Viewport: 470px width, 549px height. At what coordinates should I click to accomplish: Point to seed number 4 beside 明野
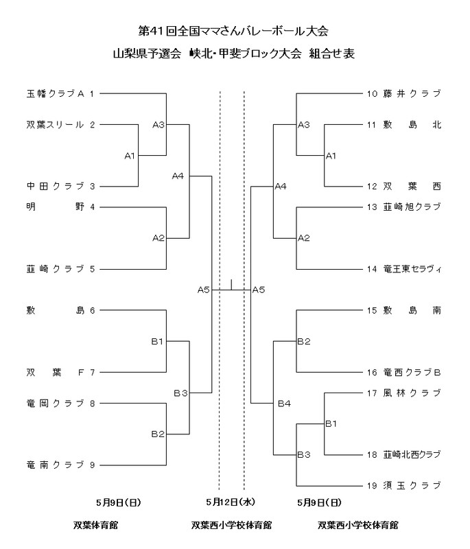pos(92,207)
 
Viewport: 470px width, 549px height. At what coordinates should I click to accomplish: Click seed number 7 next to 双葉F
pos(92,373)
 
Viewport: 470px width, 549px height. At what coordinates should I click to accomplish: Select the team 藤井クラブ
pos(412,93)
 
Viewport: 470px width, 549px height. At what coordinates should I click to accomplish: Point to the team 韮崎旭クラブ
pos(412,207)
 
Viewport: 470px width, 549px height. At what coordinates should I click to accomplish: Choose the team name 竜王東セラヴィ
pos(412,269)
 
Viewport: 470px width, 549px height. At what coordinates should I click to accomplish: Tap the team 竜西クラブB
pos(412,373)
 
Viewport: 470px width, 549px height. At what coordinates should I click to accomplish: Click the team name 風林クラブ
pos(412,393)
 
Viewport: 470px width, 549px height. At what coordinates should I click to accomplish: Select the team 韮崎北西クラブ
pos(412,455)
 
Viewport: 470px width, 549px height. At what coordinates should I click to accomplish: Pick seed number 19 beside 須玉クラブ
pos(372,486)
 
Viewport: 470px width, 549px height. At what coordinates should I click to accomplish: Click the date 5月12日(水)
pos(231,502)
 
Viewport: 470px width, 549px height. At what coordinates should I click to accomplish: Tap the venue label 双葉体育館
pos(96,526)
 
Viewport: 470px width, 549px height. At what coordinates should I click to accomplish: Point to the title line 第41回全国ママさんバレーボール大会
pos(233,31)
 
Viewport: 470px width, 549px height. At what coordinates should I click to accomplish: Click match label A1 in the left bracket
pos(130,156)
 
